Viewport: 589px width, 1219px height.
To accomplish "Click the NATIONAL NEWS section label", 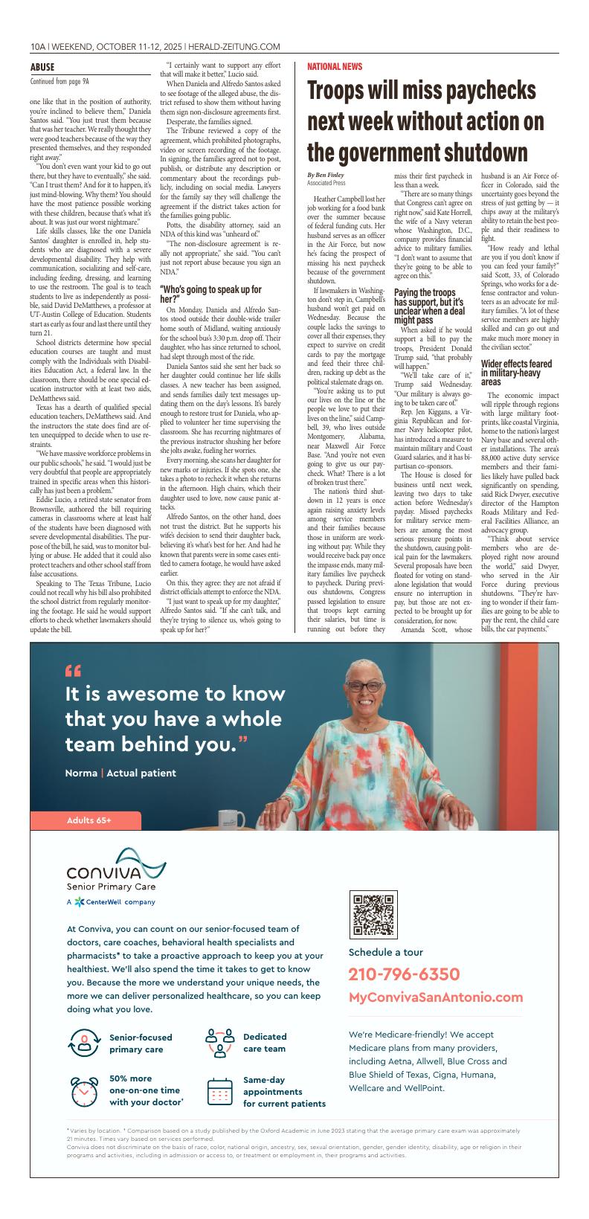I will (335, 67).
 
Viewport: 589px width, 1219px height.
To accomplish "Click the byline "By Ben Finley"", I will (326, 174).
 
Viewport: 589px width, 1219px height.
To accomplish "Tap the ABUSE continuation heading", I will (42, 67).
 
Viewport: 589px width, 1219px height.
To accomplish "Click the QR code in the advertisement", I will (373, 914).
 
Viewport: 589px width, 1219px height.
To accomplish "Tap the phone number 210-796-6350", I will (403, 974).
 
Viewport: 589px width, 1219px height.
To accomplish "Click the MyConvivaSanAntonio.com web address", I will (435, 997).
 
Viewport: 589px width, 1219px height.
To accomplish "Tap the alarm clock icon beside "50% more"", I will (84, 1091).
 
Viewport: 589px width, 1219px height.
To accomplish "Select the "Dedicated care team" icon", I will (219, 1043).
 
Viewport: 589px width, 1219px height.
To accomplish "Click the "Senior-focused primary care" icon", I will (84, 1043).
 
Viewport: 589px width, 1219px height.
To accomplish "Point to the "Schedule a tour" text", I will (385, 952).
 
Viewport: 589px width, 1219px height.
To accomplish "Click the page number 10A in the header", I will (38, 46).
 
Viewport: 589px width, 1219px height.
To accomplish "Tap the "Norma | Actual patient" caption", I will (120, 773).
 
